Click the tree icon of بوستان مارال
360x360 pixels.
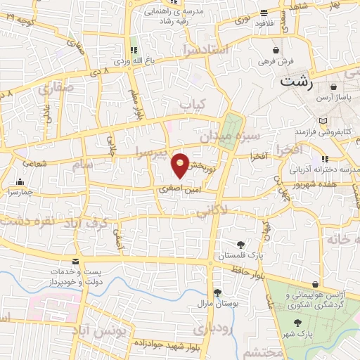pyautogui.click(x=217, y=293)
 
